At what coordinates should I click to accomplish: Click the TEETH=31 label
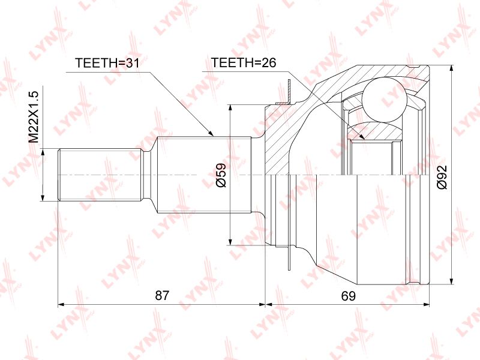pyautogui.click(x=107, y=63)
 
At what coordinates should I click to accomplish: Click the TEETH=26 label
pyautogui.click(x=244, y=62)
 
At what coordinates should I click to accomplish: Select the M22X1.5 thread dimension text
pyautogui.click(x=34, y=117)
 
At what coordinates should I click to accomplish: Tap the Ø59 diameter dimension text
pyautogui.click(x=221, y=175)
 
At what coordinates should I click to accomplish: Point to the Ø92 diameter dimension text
pyautogui.click(x=442, y=177)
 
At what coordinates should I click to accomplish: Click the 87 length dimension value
pyautogui.click(x=162, y=295)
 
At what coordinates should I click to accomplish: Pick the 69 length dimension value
pyautogui.click(x=349, y=296)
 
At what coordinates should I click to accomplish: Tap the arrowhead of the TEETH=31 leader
pyautogui.click(x=210, y=133)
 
